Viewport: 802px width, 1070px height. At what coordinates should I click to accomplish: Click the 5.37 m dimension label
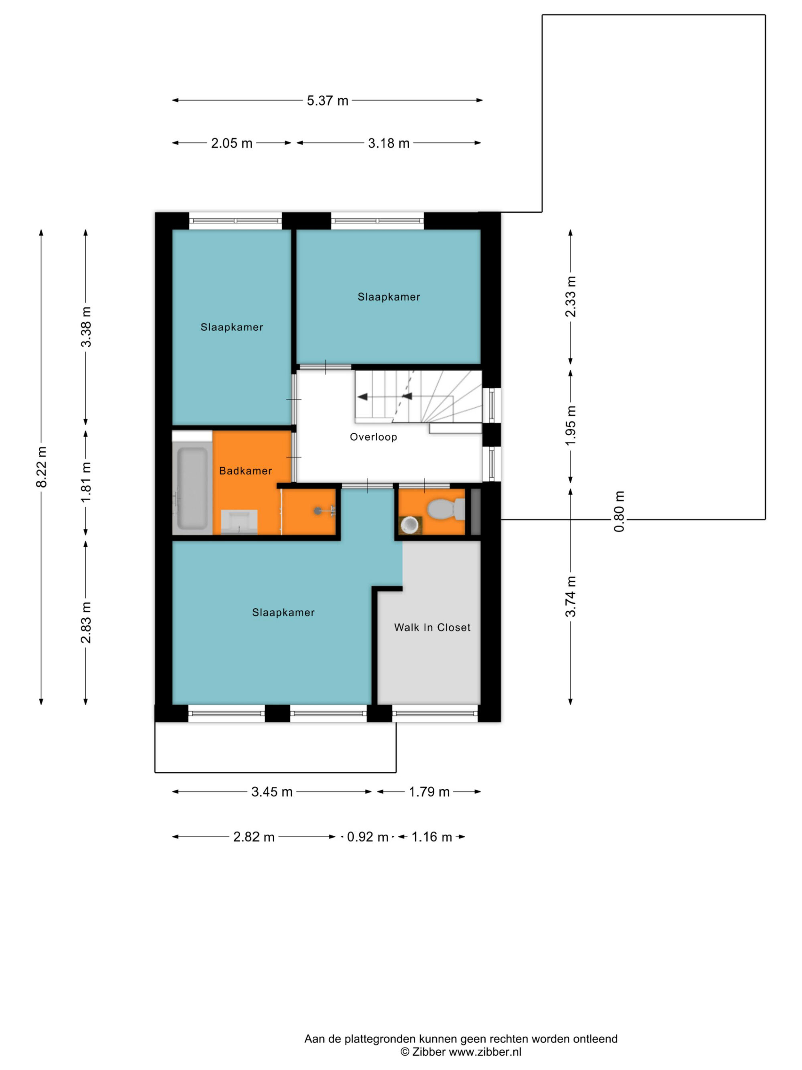[x=327, y=101]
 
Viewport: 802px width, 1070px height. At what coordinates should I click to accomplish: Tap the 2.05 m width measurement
[x=231, y=143]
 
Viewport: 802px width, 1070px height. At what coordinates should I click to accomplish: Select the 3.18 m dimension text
[x=389, y=143]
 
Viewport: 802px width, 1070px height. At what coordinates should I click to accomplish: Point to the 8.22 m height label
[x=42, y=467]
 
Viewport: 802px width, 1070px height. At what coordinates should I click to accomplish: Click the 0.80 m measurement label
[x=619, y=511]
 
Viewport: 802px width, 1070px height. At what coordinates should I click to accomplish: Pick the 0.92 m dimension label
[x=367, y=837]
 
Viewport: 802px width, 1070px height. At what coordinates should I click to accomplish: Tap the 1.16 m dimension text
[x=432, y=837]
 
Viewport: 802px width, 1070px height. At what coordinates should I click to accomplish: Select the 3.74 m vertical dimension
[x=571, y=597]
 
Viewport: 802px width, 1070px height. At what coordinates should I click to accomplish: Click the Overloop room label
[x=373, y=437]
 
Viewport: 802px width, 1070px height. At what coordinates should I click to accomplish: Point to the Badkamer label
[x=245, y=471]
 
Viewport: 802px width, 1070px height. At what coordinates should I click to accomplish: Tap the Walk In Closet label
[x=432, y=627]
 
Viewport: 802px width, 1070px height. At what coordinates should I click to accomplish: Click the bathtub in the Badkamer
[x=192, y=488]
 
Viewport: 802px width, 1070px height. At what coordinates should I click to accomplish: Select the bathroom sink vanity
[x=239, y=522]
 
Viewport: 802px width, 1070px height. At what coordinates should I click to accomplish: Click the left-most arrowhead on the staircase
[x=362, y=397]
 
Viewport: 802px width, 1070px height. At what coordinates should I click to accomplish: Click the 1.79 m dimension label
[x=429, y=792]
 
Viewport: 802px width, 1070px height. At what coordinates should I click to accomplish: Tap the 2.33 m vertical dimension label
[x=571, y=296]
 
